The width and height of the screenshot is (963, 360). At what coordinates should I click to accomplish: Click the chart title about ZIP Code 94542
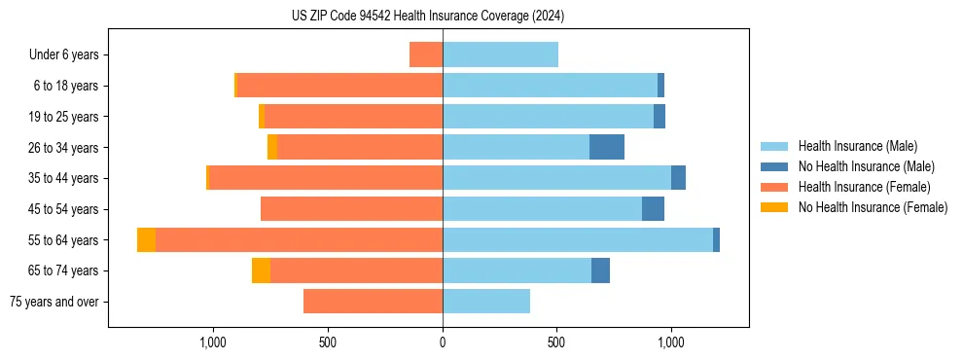click(x=428, y=16)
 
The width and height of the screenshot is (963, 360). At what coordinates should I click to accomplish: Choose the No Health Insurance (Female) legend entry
click(x=873, y=207)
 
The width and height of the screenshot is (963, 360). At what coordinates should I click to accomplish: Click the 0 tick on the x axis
click(x=443, y=342)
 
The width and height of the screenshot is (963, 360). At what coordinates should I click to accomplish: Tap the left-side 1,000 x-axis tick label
click(x=213, y=342)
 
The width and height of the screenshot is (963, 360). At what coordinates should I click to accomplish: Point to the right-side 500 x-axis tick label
click(x=556, y=342)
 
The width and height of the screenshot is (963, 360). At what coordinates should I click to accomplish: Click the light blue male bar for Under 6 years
click(x=500, y=54)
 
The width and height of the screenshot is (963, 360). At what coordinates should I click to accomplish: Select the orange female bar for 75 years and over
click(x=373, y=302)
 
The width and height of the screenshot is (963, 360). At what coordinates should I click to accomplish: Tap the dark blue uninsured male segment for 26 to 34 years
click(x=607, y=147)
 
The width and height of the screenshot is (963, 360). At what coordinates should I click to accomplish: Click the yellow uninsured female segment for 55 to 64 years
click(x=146, y=240)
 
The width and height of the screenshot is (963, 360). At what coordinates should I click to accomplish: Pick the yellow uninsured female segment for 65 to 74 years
click(x=261, y=270)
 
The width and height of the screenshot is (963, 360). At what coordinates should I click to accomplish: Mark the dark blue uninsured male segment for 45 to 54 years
click(x=653, y=209)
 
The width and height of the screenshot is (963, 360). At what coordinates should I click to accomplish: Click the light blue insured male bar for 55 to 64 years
click(x=578, y=240)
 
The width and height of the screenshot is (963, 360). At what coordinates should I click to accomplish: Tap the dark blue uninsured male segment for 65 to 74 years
click(x=600, y=270)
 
